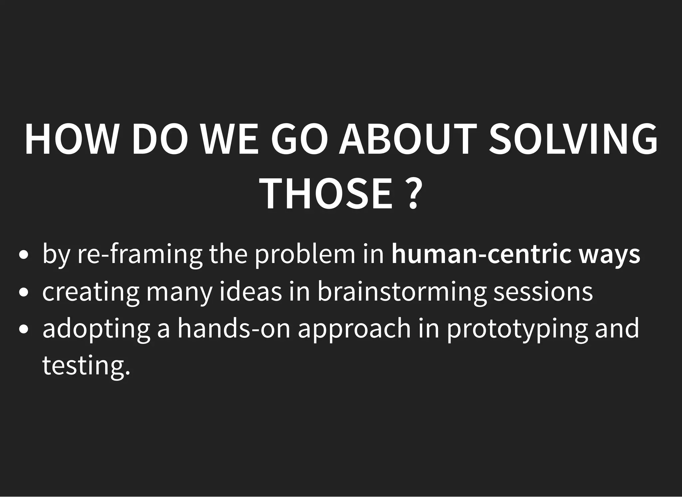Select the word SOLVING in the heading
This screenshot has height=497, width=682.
tap(573, 139)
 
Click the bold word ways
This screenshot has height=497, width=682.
tap(609, 255)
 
